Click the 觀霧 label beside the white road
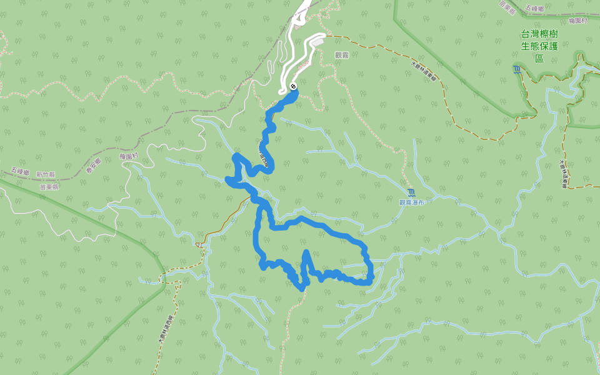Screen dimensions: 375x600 pyautogui.click(x=342, y=55)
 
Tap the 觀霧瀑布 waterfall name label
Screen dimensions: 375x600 pyautogui.click(x=412, y=202)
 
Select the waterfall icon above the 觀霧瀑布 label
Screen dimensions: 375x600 pyautogui.click(x=411, y=192)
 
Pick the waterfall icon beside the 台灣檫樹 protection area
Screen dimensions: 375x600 pyautogui.click(x=517, y=69)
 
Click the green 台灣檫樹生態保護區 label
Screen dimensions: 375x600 pyautogui.click(x=539, y=46)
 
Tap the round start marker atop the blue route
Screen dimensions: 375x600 pyautogui.click(x=293, y=86)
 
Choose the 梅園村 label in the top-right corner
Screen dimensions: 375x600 pyautogui.click(x=580, y=21)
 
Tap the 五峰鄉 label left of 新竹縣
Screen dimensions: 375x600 pyautogui.click(x=20, y=170)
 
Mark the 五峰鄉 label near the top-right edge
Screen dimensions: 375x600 pyautogui.click(x=536, y=8)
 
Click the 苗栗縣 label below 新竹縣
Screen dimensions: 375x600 pyautogui.click(x=49, y=186)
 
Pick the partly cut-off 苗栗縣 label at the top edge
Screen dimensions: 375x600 pyautogui.click(x=507, y=3)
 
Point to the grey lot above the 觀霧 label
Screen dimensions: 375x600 pyautogui.click(x=317, y=41)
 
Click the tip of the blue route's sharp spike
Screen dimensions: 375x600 pyautogui.click(x=306, y=251)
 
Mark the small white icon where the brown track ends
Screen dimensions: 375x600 pyautogui.click(x=200, y=244)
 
